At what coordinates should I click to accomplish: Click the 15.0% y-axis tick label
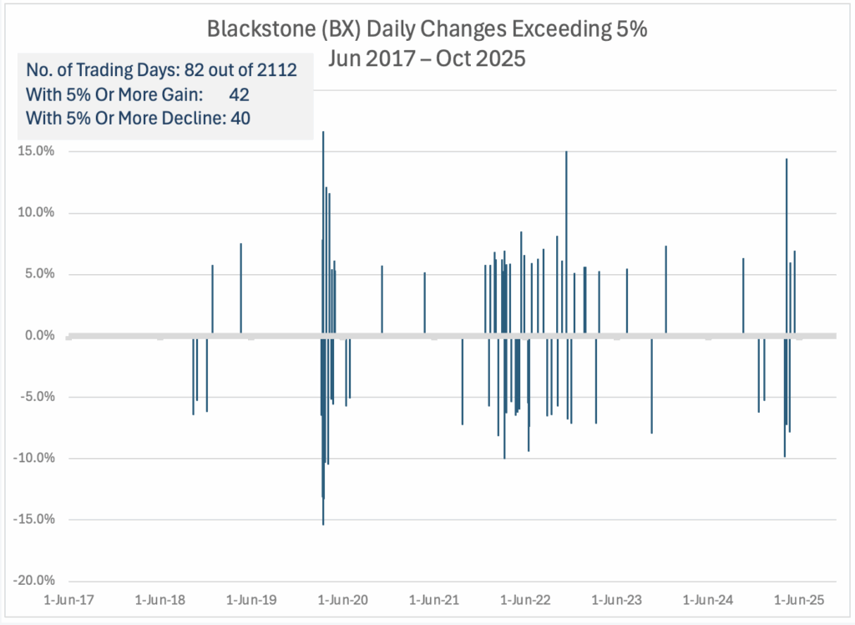click(x=36, y=151)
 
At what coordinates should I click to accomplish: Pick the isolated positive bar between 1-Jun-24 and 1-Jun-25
click(x=743, y=297)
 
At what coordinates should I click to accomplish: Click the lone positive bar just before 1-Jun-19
click(x=240, y=289)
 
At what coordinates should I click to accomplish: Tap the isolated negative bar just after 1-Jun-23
click(x=651, y=385)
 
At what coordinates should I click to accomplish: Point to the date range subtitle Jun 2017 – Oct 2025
click(x=428, y=61)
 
